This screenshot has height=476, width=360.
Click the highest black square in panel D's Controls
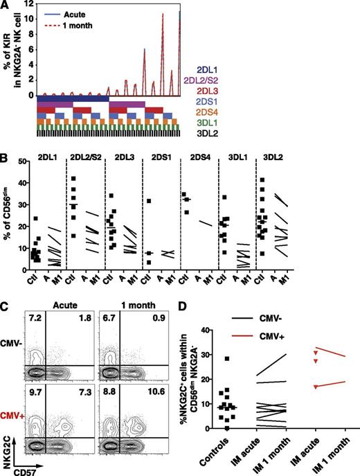(x=226, y=359)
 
